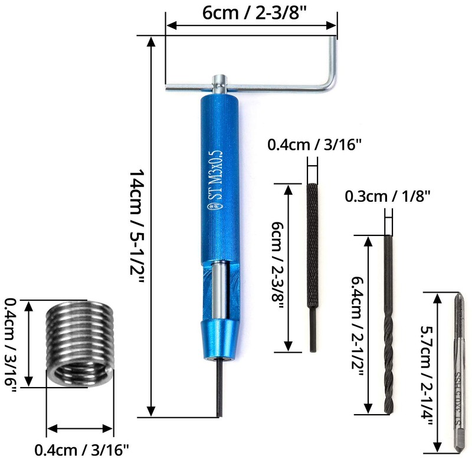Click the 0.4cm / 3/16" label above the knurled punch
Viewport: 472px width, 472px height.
[x=314, y=144]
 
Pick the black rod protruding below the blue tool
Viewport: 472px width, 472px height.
[x=218, y=389]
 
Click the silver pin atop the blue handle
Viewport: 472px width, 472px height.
[x=219, y=80]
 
